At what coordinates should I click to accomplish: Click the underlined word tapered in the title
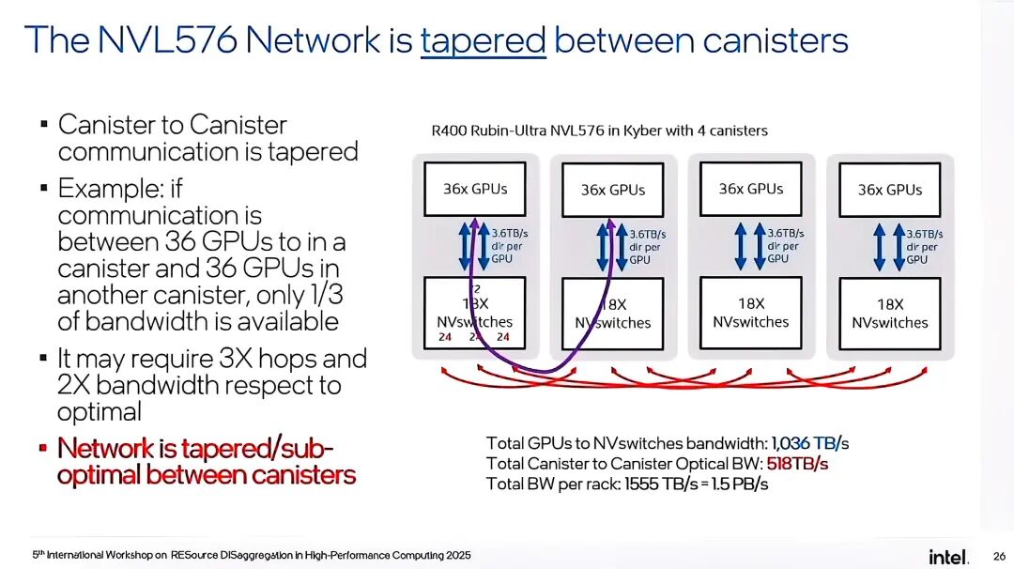[x=483, y=40]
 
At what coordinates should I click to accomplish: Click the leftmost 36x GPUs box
[x=475, y=190]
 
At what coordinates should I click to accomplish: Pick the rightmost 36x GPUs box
[x=889, y=191]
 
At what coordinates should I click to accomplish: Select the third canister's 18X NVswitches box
[x=751, y=313]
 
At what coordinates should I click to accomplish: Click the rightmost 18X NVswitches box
[x=889, y=314]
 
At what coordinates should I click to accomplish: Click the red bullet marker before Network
[x=43, y=448]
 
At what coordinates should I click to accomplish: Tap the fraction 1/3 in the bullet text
[x=318, y=295]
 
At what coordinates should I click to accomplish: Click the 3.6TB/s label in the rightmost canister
[x=925, y=234]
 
